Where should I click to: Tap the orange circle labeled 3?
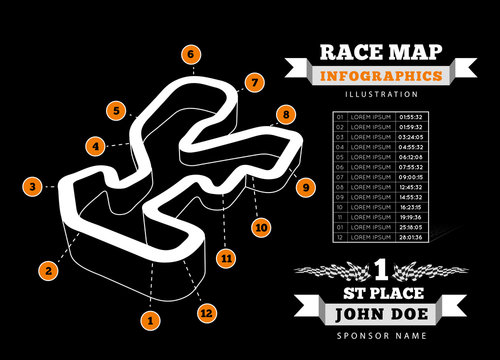[33, 186]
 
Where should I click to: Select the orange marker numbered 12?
[207, 313]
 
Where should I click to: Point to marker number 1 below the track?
[151, 320]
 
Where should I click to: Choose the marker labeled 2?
[47, 268]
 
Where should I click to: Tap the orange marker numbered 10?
[261, 227]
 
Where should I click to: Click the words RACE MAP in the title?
[379, 52]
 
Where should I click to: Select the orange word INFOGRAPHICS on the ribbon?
[379, 76]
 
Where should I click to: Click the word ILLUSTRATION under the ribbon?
[380, 94]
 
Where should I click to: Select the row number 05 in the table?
[340, 156]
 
